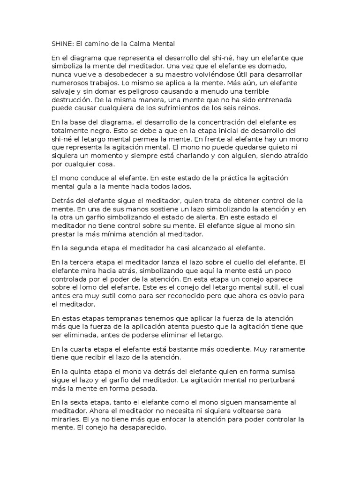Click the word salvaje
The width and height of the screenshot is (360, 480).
click(64, 91)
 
